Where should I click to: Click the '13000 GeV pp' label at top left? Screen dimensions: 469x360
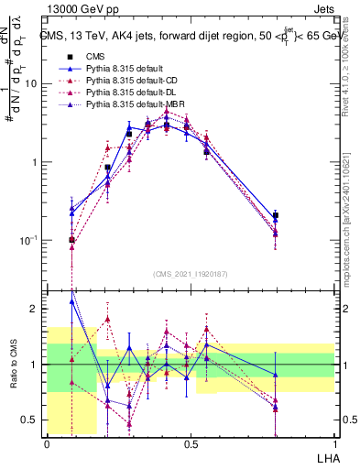click(76, 9)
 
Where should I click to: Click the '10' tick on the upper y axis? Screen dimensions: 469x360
click(31, 84)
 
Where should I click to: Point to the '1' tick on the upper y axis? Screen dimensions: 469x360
click(35, 162)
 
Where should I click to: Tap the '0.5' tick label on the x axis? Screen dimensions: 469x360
click(191, 443)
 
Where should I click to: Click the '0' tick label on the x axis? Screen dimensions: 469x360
click(47, 443)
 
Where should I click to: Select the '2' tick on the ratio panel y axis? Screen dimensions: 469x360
click(35, 310)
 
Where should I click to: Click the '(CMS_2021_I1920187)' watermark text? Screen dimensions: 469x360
click(190, 273)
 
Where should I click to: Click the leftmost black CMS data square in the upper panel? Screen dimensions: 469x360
click(72, 240)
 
